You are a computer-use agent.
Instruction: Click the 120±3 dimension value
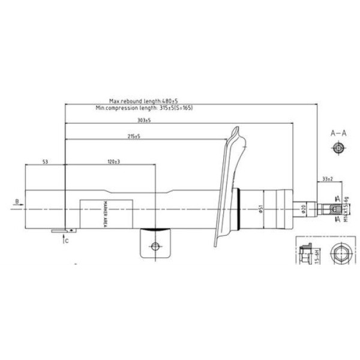pos(114,162)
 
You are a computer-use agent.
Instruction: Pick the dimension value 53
pos(45,162)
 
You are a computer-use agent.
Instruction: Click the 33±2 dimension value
pos(328,179)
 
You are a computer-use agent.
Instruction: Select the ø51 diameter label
pos(260,208)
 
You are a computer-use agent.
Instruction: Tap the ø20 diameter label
pos(304,208)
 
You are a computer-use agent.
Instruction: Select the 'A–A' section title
pos(338,133)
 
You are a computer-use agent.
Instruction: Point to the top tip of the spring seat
pos(238,128)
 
